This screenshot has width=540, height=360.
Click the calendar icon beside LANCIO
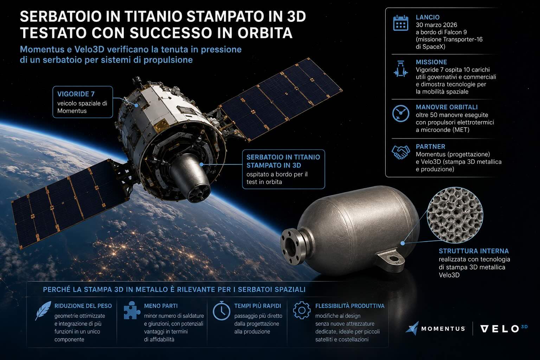(x=401, y=23)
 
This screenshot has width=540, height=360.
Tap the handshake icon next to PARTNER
(x=401, y=152)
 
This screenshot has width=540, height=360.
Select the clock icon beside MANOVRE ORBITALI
(x=401, y=113)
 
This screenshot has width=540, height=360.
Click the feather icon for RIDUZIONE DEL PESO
(x=43, y=310)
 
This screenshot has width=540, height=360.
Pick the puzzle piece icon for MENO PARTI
(x=131, y=310)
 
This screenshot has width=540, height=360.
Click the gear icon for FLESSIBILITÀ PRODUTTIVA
(x=302, y=310)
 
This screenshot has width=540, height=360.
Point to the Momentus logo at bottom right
(x=435, y=328)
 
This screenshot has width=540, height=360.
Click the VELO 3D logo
(x=504, y=329)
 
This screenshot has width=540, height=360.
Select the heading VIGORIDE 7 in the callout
(x=76, y=94)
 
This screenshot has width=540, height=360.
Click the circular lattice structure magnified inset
(x=455, y=215)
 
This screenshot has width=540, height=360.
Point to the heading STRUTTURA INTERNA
(x=474, y=251)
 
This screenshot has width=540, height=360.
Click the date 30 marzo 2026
(x=436, y=25)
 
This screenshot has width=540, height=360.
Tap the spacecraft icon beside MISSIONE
(x=401, y=69)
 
